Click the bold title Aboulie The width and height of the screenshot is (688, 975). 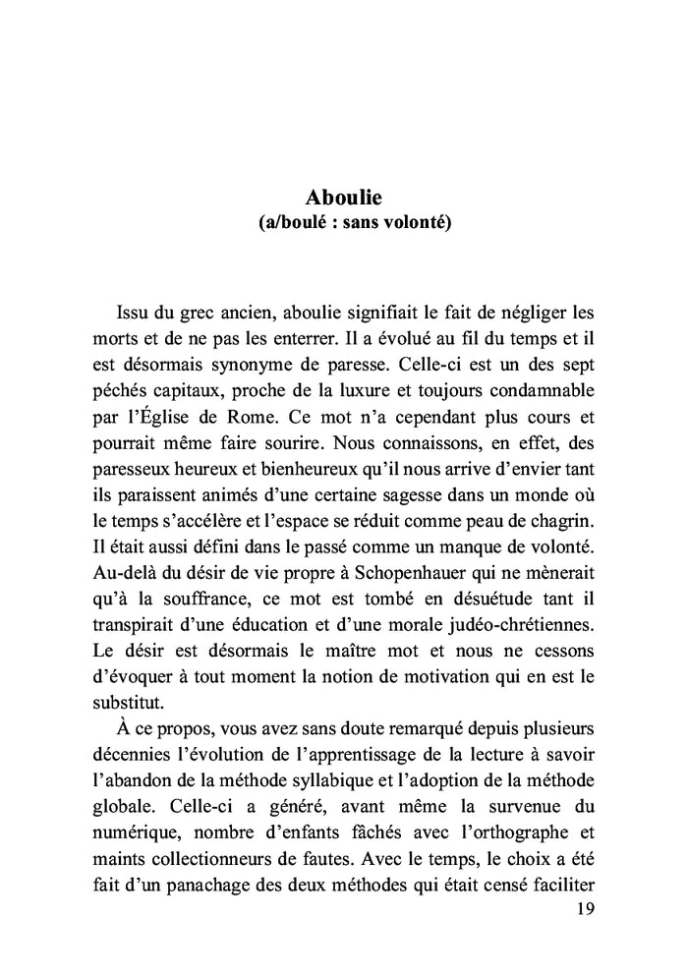pyautogui.click(x=343, y=197)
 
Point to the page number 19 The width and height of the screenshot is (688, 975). pyautogui.click(x=582, y=909)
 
